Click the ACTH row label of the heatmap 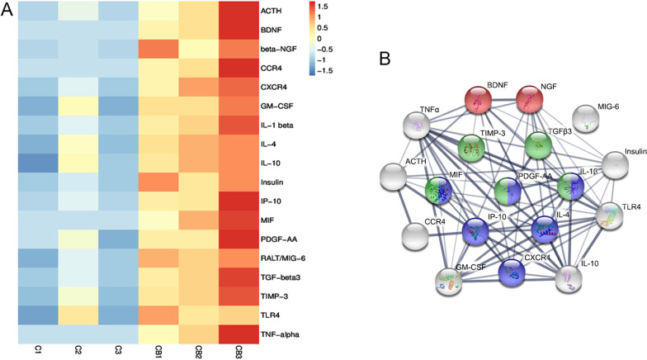click(272, 12)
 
